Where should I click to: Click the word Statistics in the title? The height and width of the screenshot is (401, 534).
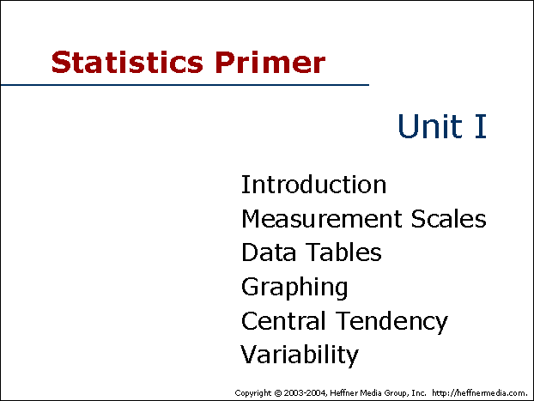(127, 62)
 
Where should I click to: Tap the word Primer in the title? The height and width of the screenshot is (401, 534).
(270, 62)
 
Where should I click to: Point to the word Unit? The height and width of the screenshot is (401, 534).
(430, 125)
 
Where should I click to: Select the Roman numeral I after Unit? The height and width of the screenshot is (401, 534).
(481, 126)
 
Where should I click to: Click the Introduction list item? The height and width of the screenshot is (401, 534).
(313, 185)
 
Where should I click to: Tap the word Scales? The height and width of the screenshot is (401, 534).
(448, 218)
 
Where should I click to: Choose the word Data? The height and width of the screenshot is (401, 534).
(269, 252)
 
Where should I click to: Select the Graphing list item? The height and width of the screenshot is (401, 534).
(294, 288)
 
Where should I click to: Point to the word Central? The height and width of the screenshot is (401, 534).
(283, 320)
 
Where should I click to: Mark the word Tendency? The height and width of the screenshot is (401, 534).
(392, 322)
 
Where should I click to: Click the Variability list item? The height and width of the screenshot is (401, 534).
(300, 355)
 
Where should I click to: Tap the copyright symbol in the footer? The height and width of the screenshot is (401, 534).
(278, 393)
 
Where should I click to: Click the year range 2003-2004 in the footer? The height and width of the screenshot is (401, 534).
(306, 392)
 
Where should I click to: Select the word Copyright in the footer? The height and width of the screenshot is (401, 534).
(253, 393)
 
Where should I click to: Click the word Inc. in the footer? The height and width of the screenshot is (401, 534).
(419, 392)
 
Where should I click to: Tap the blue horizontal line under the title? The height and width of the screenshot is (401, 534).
(185, 84)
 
